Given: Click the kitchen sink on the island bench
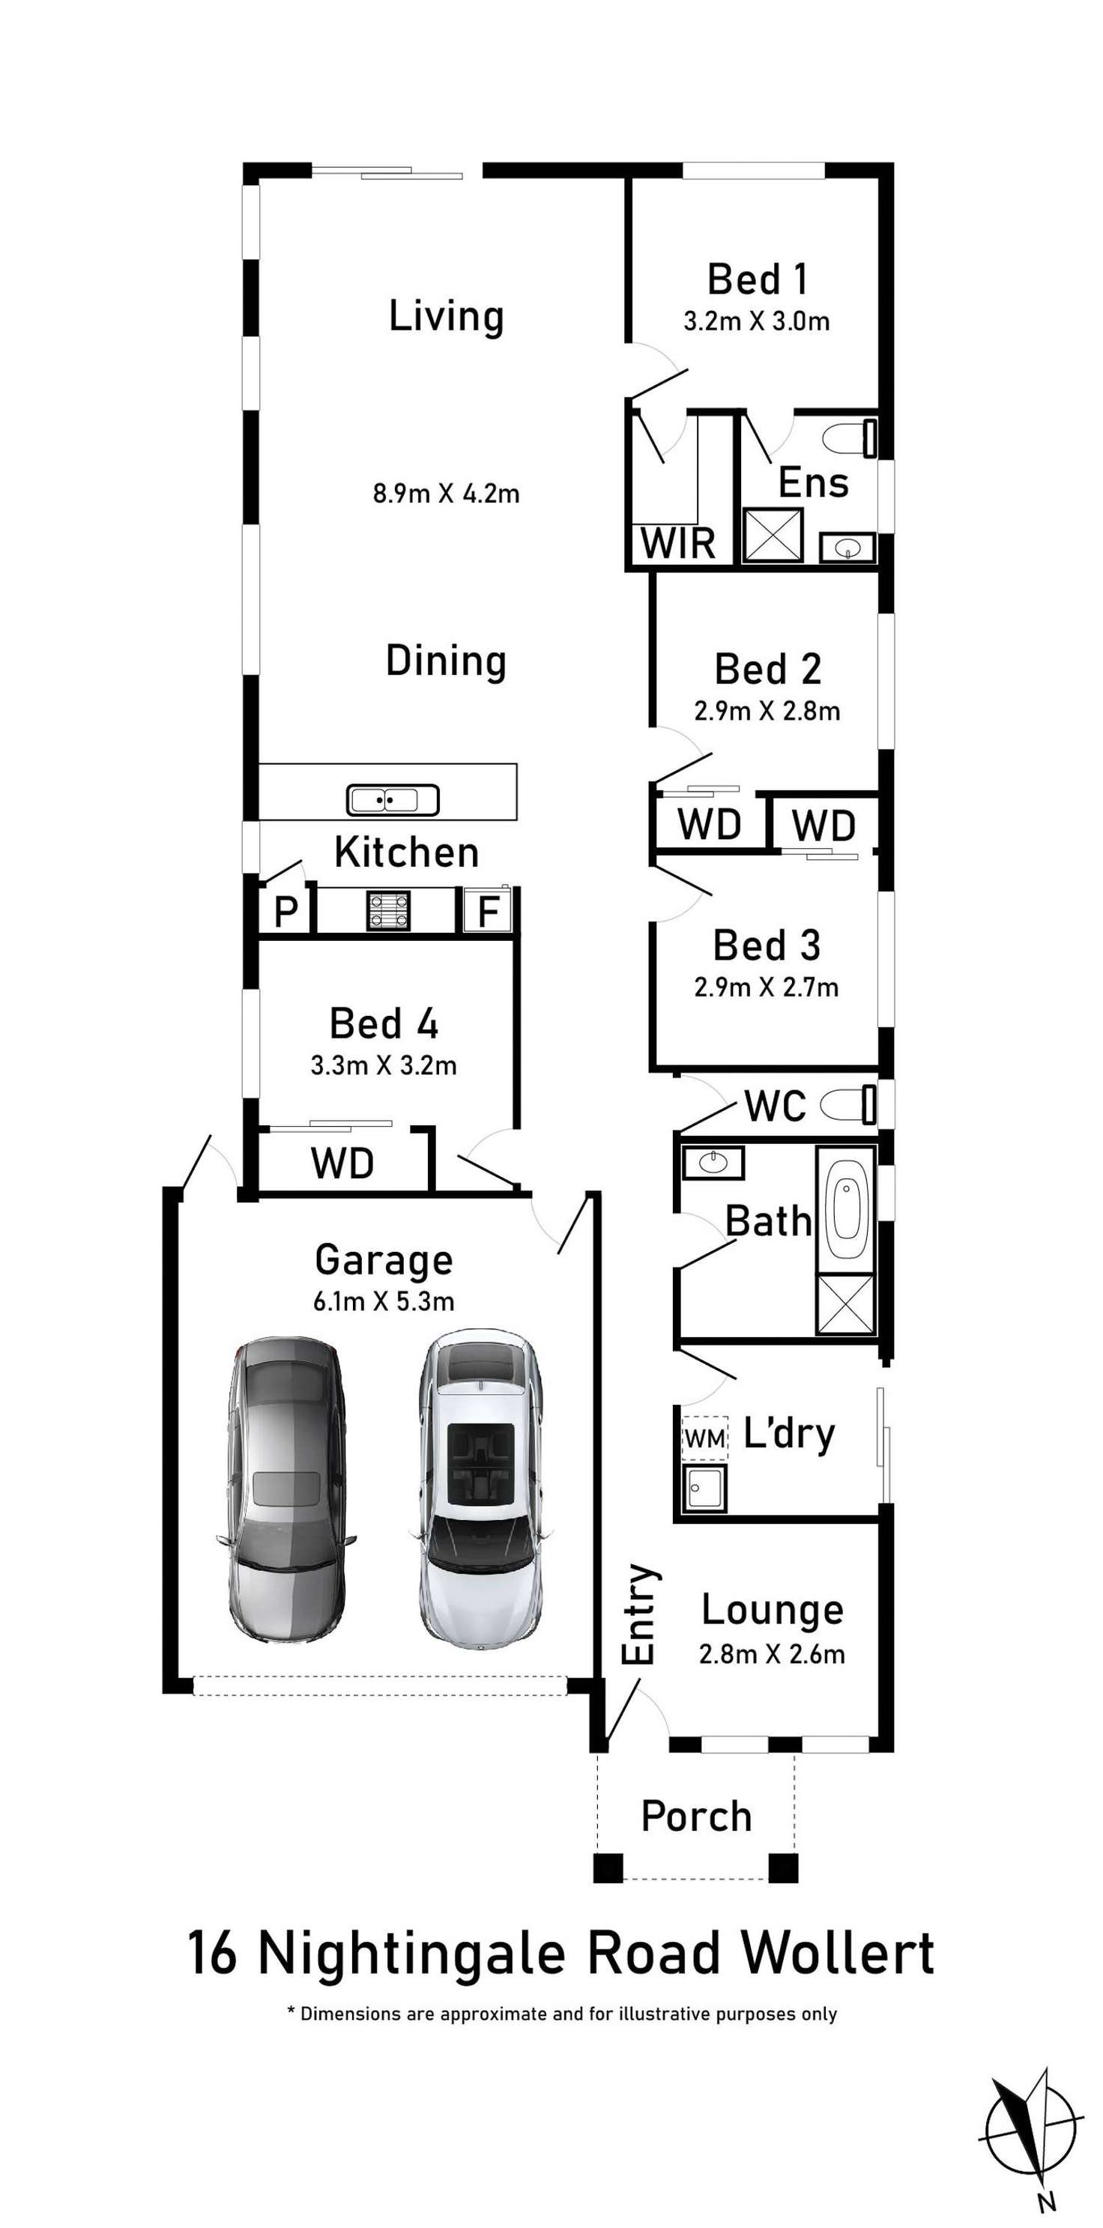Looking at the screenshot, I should [393, 800].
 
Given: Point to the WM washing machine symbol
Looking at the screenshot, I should [704, 1438].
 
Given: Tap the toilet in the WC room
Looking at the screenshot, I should [849, 1104].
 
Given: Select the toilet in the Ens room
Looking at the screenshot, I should [850, 438].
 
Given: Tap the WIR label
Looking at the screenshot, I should [678, 544].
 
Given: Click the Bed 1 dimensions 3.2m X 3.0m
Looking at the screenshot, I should [756, 321].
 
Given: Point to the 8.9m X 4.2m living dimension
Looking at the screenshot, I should [446, 494].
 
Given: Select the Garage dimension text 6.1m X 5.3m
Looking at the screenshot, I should [383, 1301].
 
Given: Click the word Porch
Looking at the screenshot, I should [695, 1815].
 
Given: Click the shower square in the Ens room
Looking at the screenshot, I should [773, 536].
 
